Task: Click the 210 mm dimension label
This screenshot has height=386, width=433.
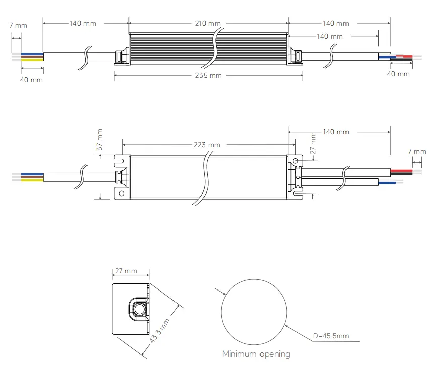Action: (208, 24)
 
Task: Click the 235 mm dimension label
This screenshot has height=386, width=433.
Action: (209, 75)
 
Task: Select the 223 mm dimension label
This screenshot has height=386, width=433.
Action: (207, 145)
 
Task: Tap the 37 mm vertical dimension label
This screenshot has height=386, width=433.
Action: (100, 140)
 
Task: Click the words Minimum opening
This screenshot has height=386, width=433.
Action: (256, 354)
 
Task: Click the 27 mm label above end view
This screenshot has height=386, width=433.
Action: (126, 271)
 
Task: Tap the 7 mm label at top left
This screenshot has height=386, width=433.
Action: (18, 25)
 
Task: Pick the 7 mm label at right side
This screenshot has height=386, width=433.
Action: (417, 151)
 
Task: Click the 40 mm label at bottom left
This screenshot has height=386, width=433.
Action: (31, 80)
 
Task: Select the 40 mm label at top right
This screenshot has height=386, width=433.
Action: (398, 74)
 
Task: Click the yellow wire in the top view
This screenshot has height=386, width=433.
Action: (32, 60)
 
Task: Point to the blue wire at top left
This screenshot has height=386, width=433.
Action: (32, 54)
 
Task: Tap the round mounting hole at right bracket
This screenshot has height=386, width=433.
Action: (296, 161)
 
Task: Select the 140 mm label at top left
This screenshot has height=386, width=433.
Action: (82, 24)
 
